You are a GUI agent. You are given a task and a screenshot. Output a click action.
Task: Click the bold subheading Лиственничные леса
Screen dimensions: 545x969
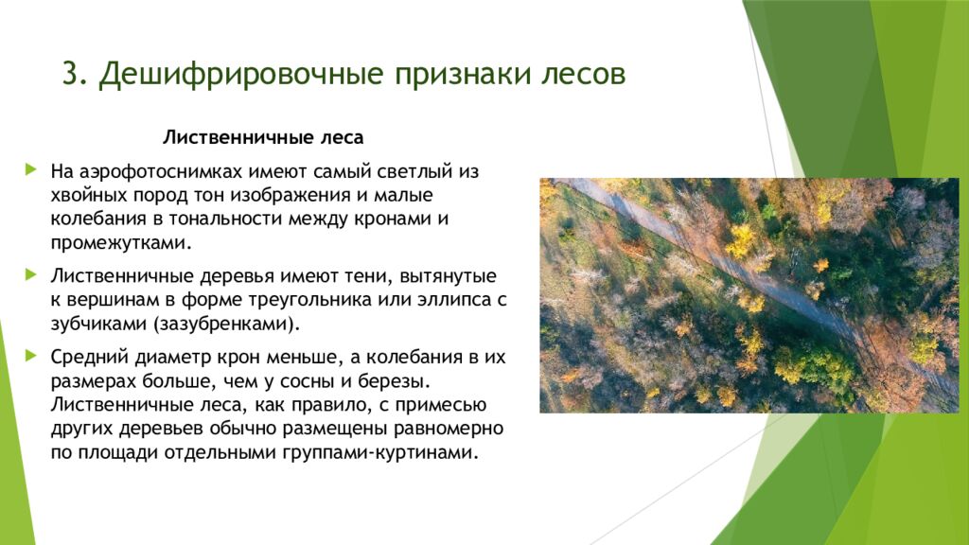263,137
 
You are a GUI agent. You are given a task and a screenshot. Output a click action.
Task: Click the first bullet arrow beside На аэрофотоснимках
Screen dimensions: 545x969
31,171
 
